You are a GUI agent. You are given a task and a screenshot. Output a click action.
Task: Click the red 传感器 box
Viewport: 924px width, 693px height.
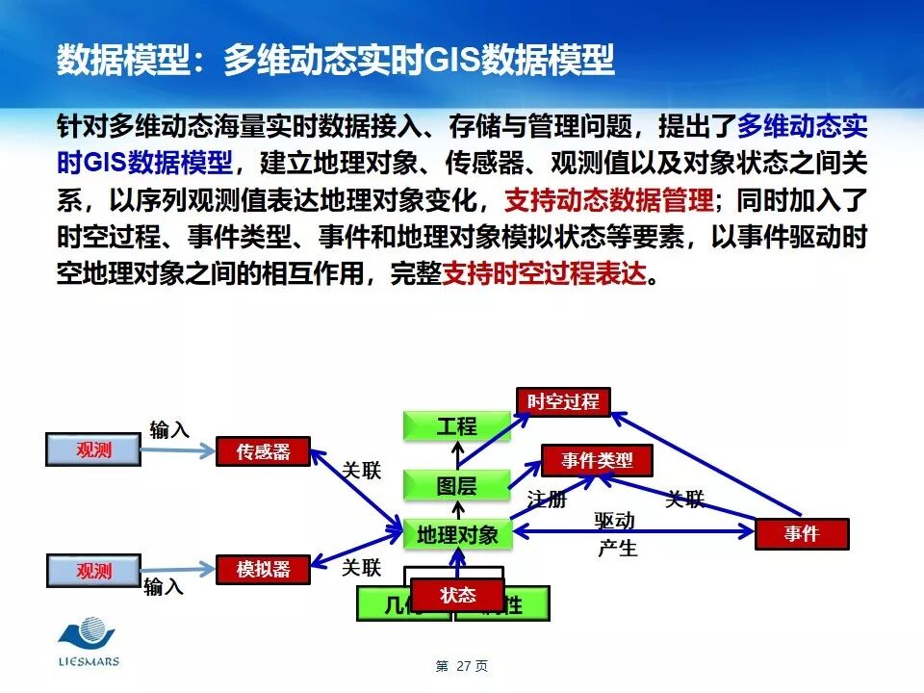click(x=264, y=451)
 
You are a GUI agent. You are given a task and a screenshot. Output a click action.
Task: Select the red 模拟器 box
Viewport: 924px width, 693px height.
click(x=264, y=569)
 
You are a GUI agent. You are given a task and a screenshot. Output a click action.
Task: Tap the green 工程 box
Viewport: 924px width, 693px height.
click(x=456, y=425)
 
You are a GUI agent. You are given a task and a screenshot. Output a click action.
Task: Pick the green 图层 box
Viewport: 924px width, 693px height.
click(x=456, y=486)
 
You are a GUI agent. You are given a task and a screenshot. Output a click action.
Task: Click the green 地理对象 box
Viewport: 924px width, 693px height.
click(x=457, y=534)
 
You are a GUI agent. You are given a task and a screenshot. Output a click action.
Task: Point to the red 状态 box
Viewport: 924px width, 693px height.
click(x=458, y=595)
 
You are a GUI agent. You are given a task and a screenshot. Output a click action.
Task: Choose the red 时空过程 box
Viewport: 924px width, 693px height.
click(x=563, y=401)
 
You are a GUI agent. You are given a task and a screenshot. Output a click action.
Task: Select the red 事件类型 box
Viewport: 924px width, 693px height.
click(x=598, y=460)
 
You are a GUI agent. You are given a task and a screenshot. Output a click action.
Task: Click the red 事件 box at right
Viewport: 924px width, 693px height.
click(x=802, y=533)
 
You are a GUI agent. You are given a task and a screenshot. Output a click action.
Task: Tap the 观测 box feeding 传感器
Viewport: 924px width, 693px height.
click(x=93, y=449)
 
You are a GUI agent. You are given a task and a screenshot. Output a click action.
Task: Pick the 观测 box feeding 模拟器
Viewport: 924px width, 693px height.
click(x=93, y=571)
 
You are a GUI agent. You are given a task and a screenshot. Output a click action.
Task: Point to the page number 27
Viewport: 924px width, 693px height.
click(x=462, y=666)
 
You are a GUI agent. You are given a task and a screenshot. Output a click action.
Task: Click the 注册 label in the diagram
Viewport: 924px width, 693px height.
click(x=547, y=500)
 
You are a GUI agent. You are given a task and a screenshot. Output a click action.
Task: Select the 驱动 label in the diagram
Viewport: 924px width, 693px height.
click(x=615, y=521)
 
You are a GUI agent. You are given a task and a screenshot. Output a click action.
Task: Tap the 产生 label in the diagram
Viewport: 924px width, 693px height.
click(x=617, y=549)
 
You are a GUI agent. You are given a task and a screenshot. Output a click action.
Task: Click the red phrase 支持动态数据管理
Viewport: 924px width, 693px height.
click(x=609, y=201)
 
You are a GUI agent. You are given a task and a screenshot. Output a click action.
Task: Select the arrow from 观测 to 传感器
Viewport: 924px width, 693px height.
click(x=178, y=450)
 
